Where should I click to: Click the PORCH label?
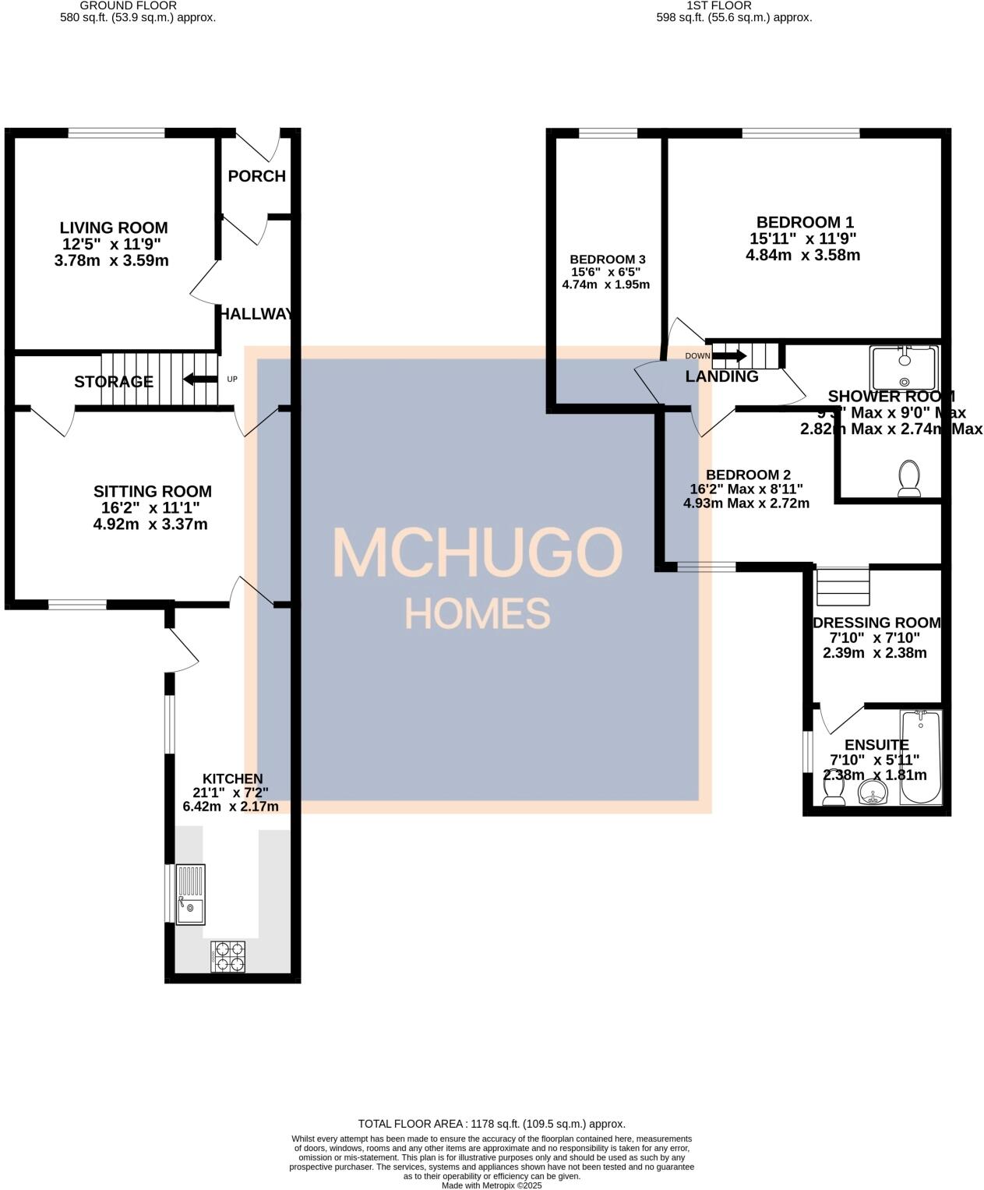(x=256, y=176)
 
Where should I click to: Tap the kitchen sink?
(x=191, y=894)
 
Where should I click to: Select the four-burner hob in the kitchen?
(x=227, y=956)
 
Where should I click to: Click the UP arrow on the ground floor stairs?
(x=200, y=380)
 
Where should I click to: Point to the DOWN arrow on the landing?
(x=729, y=356)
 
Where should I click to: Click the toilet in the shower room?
(x=909, y=478)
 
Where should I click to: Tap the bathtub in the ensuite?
(x=921, y=757)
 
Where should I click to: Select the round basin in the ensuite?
(x=873, y=794)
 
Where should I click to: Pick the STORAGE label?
(x=114, y=382)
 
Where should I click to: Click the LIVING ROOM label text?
(x=114, y=228)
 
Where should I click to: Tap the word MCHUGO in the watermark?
(x=478, y=553)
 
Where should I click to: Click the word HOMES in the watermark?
(x=478, y=613)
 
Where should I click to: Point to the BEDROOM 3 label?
(x=608, y=260)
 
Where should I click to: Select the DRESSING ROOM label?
(x=876, y=623)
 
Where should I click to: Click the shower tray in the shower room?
(x=905, y=367)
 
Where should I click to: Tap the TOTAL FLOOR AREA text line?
(x=492, y=1124)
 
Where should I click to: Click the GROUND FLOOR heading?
(x=129, y=5)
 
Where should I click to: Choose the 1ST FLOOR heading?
(x=719, y=5)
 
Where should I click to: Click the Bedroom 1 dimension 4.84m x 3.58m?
(x=802, y=255)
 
